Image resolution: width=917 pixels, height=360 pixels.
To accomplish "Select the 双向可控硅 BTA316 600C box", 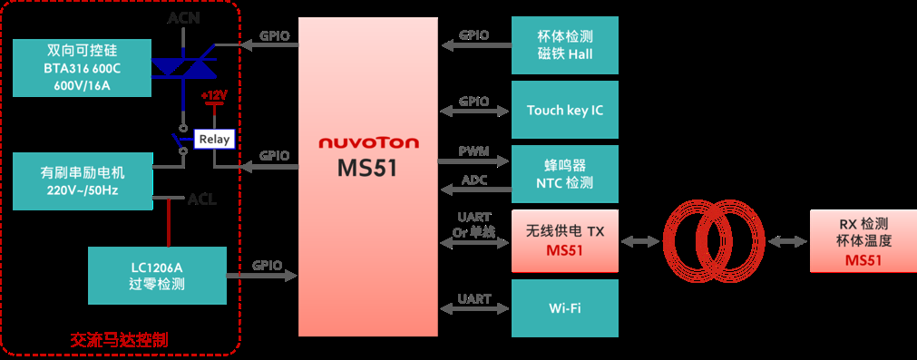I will (x=83, y=66).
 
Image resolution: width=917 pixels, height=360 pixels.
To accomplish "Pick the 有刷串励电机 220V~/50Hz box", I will (x=83, y=180).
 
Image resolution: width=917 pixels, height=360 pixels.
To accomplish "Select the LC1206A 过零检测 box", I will (x=157, y=275).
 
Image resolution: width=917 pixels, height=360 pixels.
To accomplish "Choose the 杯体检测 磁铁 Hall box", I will (x=564, y=45).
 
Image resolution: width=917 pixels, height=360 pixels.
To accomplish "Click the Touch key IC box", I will (x=564, y=110).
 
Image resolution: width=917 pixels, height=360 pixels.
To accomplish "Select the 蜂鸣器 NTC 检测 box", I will (x=564, y=173).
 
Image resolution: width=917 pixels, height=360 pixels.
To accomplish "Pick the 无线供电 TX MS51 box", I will (x=564, y=240).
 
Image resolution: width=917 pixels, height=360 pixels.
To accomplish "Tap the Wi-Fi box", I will (x=564, y=307).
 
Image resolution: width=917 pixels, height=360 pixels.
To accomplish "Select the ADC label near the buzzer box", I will (x=474, y=180).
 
